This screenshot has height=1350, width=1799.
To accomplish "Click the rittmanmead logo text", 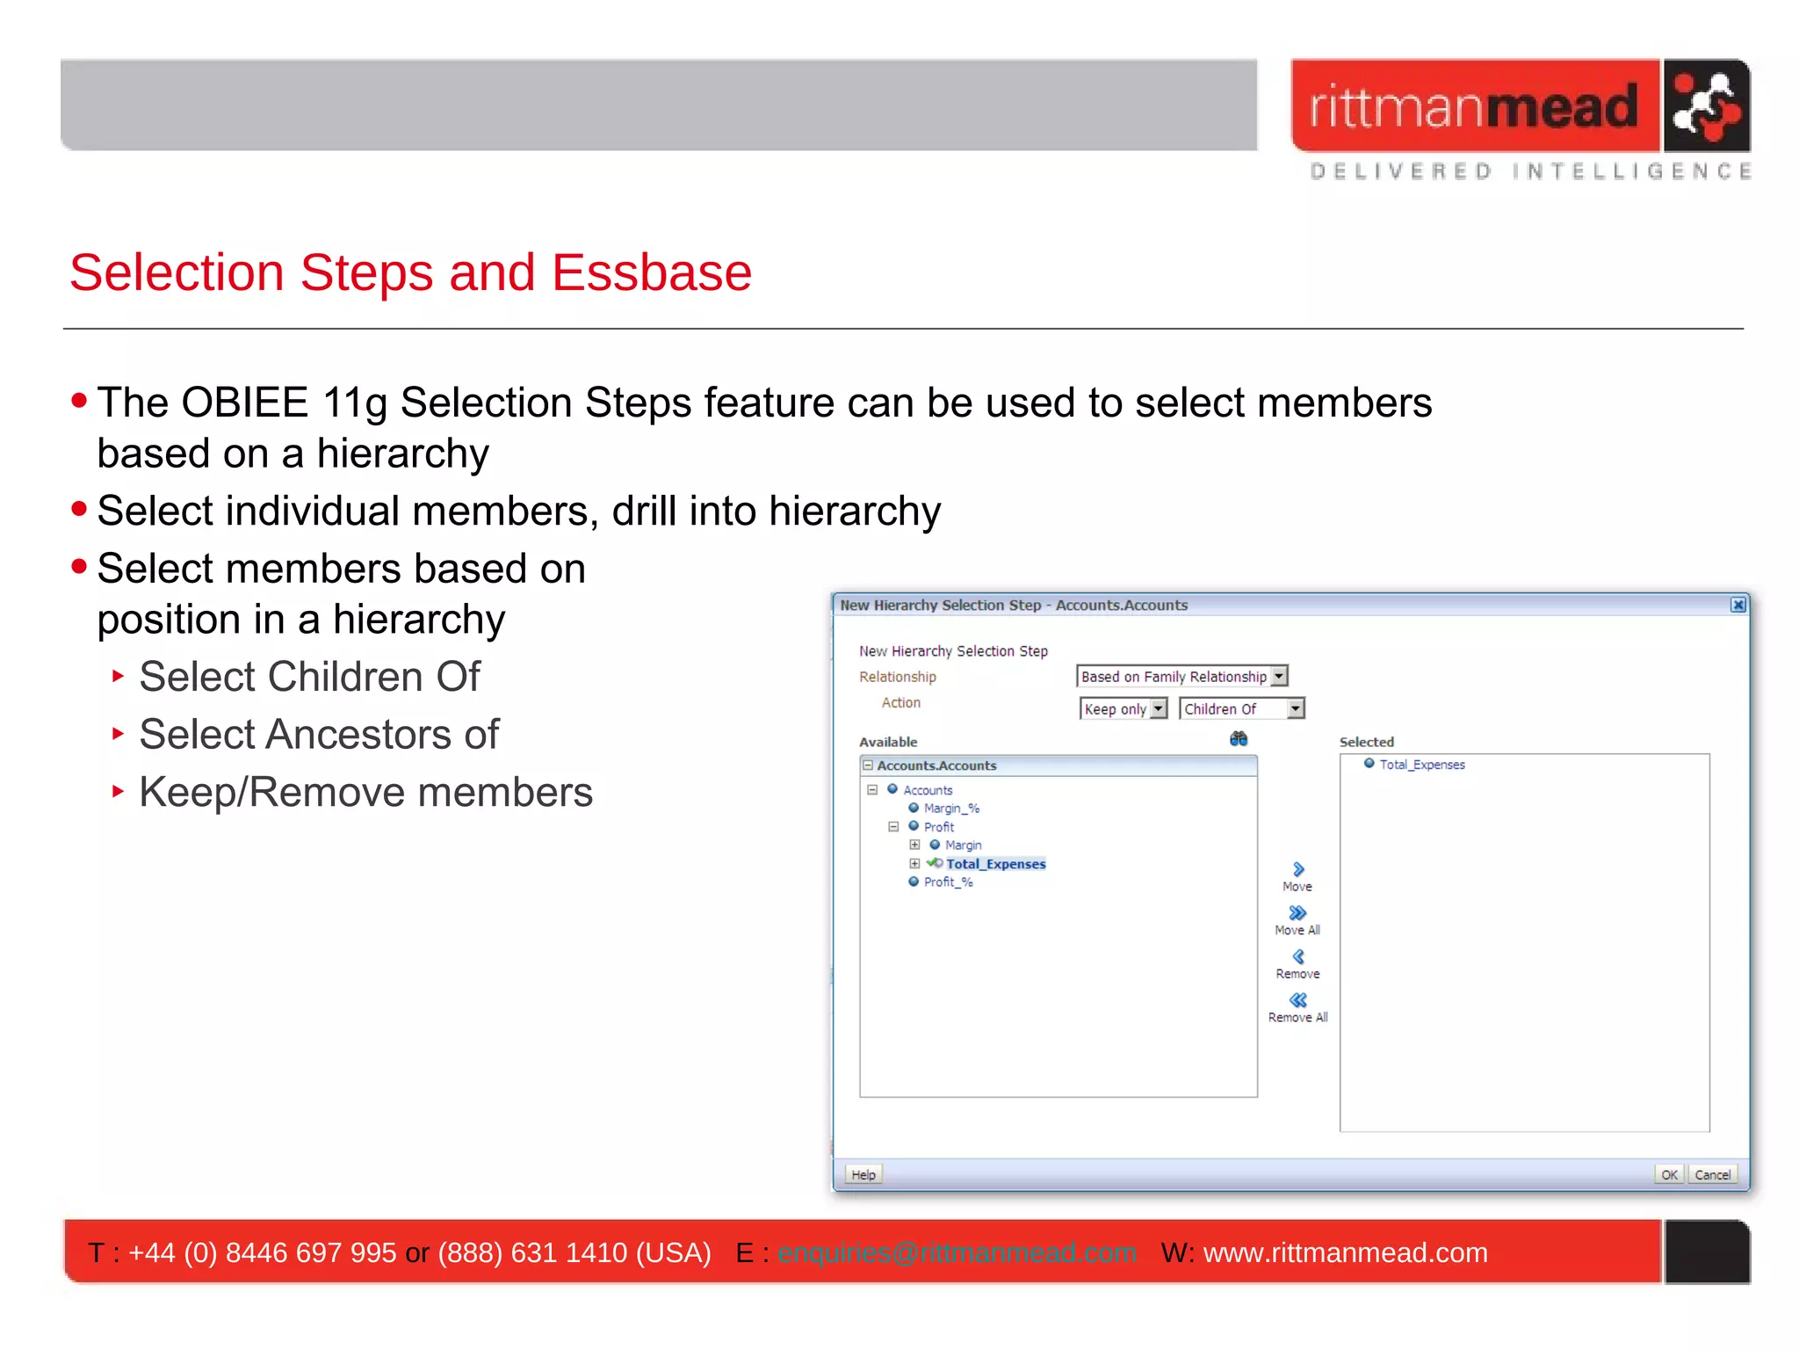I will [x=1474, y=106].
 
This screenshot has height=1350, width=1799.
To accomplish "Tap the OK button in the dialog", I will [x=1668, y=1174].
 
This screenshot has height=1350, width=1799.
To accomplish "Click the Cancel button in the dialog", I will [x=1712, y=1174].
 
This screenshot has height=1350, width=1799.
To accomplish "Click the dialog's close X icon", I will [x=1738, y=605].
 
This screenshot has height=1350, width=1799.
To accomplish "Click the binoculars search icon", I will [x=1238, y=739].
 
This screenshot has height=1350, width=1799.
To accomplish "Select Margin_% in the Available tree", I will [x=950, y=809].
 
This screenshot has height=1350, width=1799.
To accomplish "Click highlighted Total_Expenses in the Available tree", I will [x=995, y=864].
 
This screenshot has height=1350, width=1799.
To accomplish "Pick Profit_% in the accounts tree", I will [x=947, y=882].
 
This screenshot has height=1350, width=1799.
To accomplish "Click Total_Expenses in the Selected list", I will [x=1421, y=765].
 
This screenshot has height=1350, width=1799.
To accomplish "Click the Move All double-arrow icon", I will [x=1297, y=913].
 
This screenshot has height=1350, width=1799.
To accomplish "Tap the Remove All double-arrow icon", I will [x=1297, y=1000].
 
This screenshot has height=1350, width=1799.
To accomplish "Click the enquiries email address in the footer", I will [x=956, y=1252].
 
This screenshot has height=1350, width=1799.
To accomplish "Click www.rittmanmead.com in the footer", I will [x=1344, y=1252].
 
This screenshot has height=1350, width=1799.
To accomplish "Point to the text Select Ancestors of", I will [x=319, y=735].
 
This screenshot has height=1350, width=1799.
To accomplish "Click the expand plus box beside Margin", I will [x=914, y=845].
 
